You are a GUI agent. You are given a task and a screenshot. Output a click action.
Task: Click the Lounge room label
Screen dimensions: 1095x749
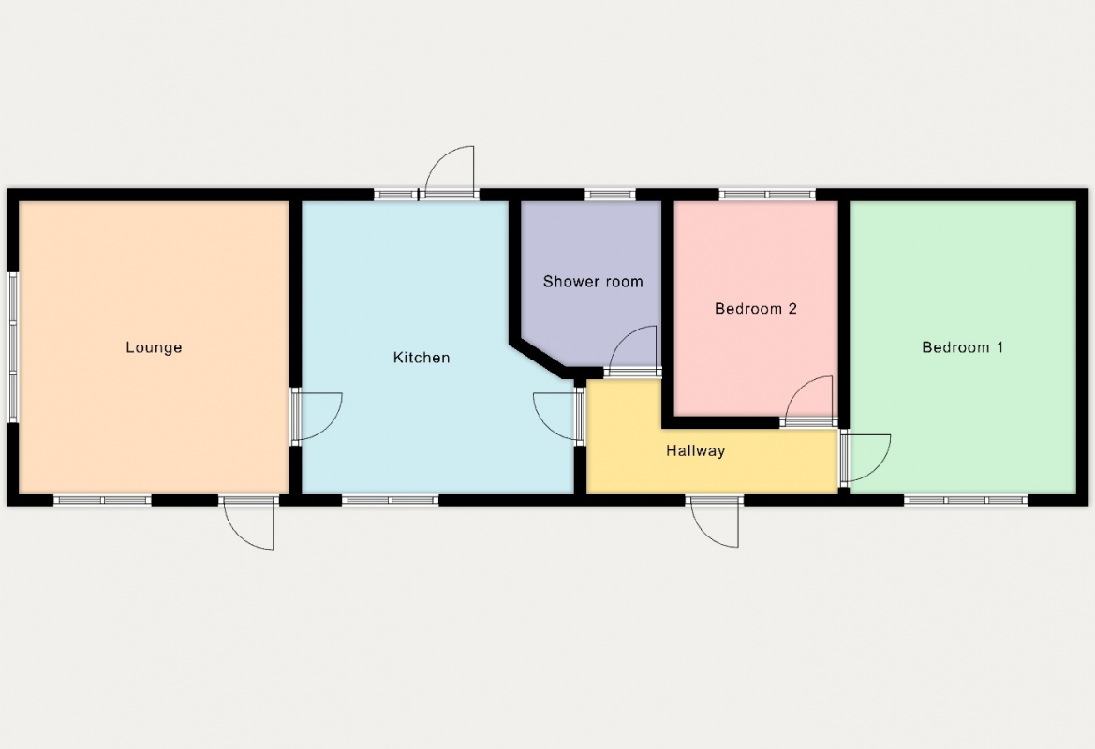pyautogui.click(x=154, y=347)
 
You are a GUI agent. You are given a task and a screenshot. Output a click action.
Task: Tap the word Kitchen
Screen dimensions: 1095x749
pyautogui.click(x=422, y=358)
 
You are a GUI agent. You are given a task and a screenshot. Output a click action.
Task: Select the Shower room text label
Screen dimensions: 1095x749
pyautogui.click(x=593, y=282)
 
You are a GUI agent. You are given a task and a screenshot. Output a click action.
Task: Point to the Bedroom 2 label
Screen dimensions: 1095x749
pyautogui.click(x=756, y=309)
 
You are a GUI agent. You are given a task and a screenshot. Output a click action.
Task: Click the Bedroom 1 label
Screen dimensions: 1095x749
pyautogui.click(x=962, y=347)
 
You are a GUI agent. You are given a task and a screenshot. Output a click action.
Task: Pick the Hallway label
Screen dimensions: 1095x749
pyautogui.click(x=696, y=451)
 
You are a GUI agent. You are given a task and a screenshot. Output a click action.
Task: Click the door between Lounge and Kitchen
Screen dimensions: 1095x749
pyautogui.click(x=317, y=417)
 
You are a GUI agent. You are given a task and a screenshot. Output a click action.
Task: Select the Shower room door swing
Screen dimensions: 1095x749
pyautogui.click(x=632, y=350)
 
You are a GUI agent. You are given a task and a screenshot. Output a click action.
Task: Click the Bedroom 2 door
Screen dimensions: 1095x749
pyautogui.click(x=808, y=401)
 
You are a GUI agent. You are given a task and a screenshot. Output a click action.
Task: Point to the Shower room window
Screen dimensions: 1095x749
pyautogui.click(x=610, y=195)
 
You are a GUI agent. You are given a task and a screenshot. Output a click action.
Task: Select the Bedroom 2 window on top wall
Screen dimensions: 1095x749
pyautogui.click(x=767, y=195)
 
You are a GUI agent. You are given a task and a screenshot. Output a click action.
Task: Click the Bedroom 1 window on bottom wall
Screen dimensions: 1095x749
pyautogui.click(x=966, y=500)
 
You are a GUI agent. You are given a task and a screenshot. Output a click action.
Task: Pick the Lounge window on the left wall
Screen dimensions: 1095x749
pyautogui.click(x=12, y=347)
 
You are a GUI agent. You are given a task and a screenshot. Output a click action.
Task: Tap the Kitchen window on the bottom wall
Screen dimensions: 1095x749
pyautogui.click(x=390, y=500)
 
